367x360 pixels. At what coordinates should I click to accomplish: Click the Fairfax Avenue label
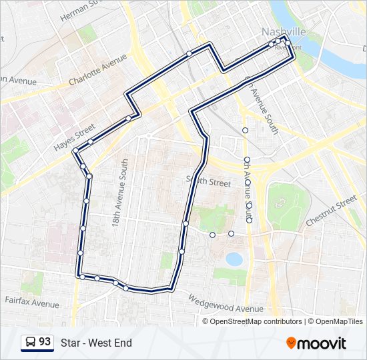pyautogui.click(x=31, y=304)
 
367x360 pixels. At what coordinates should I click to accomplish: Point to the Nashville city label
pyautogui.click(x=284, y=32)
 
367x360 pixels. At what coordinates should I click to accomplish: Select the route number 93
pyautogui.click(x=45, y=342)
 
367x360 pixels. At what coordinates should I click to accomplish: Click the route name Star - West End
pyautogui.click(x=96, y=343)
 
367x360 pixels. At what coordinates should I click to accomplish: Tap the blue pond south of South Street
pyautogui.click(x=234, y=258)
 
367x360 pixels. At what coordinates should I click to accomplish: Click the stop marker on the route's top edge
pyautogui.click(x=189, y=53)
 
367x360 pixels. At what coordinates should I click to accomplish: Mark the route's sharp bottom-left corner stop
pyautogui.click(x=80, y=275)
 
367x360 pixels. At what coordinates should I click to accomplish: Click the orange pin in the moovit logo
pyautogui.click(x=292, y=343)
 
